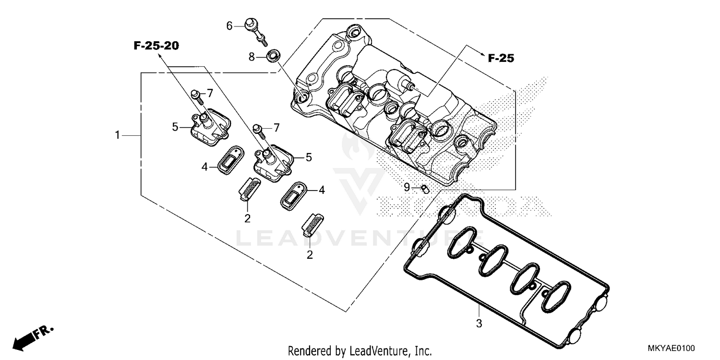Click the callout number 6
click(229, 25)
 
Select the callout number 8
click(251, 57)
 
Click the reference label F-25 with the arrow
click(501, 59)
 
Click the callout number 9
click(407, 187)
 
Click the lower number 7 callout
click(276, 127)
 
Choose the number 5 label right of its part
click(309, 156)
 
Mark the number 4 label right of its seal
click(322, 190)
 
